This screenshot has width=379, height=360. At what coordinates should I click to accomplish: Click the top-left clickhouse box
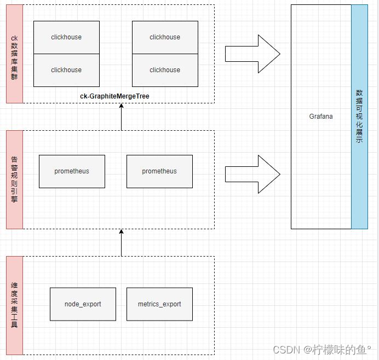click(x=66, y=37)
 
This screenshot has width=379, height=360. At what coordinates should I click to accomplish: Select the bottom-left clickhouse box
click(x=66, y=70)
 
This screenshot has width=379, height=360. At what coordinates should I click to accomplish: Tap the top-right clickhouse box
click(x=165, y=37)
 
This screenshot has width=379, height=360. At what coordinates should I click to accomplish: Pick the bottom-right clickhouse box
click(x=165, y=70)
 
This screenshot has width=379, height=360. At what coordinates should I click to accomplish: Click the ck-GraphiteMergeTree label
click(x=114, y=96)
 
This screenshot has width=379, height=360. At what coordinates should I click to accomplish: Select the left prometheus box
click(x=72, y=171)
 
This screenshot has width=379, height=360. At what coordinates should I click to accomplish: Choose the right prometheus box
click(x=159, y=171)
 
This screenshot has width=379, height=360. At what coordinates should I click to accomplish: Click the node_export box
click(x=83, y=304)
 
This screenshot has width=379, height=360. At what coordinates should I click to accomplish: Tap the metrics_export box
click(x=159, y=304)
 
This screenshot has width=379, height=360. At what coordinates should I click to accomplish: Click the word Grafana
click(x=321, y=117)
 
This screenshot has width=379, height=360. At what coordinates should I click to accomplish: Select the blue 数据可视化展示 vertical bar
click(x=359, y=117)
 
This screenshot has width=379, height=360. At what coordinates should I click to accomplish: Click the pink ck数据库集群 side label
click(x=15, y=54)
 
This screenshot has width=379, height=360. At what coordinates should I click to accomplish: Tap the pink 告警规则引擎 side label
click(x=15, y=179)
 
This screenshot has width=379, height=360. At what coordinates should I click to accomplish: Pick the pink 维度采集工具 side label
click(x=15, y=305)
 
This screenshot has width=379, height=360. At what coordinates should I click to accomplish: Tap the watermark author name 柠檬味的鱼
click(x=339, y=350)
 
